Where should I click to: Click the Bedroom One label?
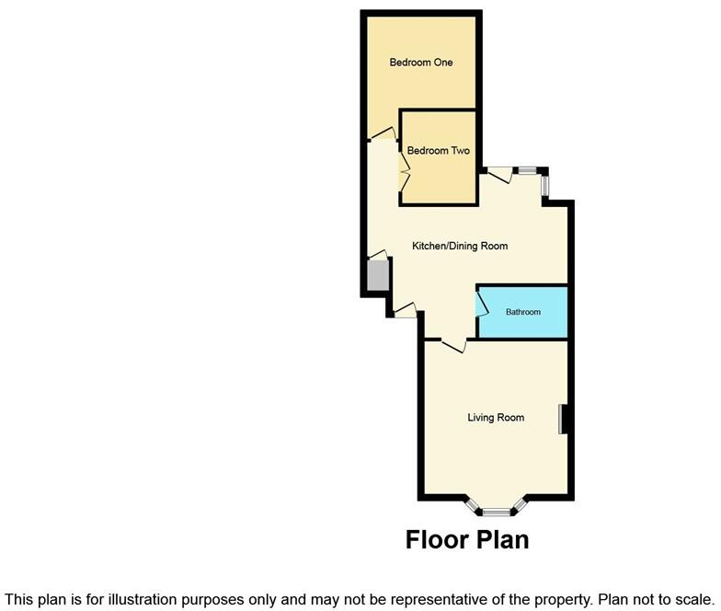(x=420, y=63)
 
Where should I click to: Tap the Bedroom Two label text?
(x=439, y=151)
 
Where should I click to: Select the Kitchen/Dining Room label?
(x=460, y=247)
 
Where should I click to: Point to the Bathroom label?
(x=523, y=312)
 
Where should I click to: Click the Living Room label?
(x=496, y=418)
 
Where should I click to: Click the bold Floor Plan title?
(x=467, y=539)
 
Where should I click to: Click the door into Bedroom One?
(x=383, y=134)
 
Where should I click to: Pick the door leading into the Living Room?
(x=452, y=345)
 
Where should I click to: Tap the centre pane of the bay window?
(x=497, y=511)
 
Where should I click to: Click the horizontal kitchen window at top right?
(x=528, y=170)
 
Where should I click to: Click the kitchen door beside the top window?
(x=500, y=174)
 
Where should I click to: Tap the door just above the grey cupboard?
(x=377, y=256)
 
